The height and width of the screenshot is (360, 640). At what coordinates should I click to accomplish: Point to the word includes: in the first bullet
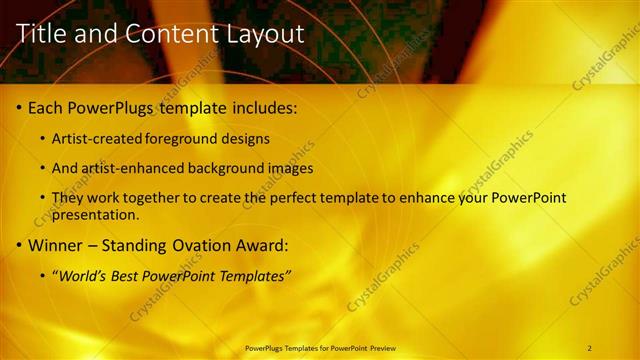[x=264, y=106]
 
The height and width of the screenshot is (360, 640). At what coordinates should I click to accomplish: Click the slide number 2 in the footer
[x=591, y=348]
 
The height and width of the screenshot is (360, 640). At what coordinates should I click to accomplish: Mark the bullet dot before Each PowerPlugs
[x=20, y=107]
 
